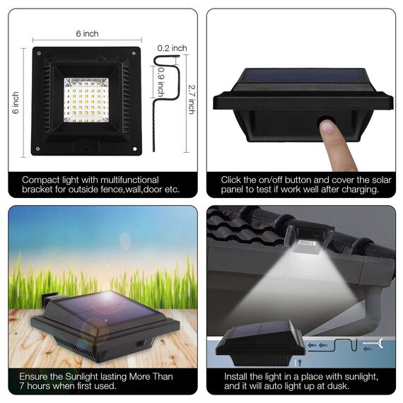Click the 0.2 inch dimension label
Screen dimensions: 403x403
coord(172,48)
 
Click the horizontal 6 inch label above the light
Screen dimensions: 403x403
coord(87,34)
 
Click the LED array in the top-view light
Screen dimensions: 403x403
coord(86,100)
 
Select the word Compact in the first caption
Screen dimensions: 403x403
coord(41,180)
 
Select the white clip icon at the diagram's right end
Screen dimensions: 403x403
coord(374,346)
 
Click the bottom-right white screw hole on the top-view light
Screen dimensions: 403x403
coord(135,150)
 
